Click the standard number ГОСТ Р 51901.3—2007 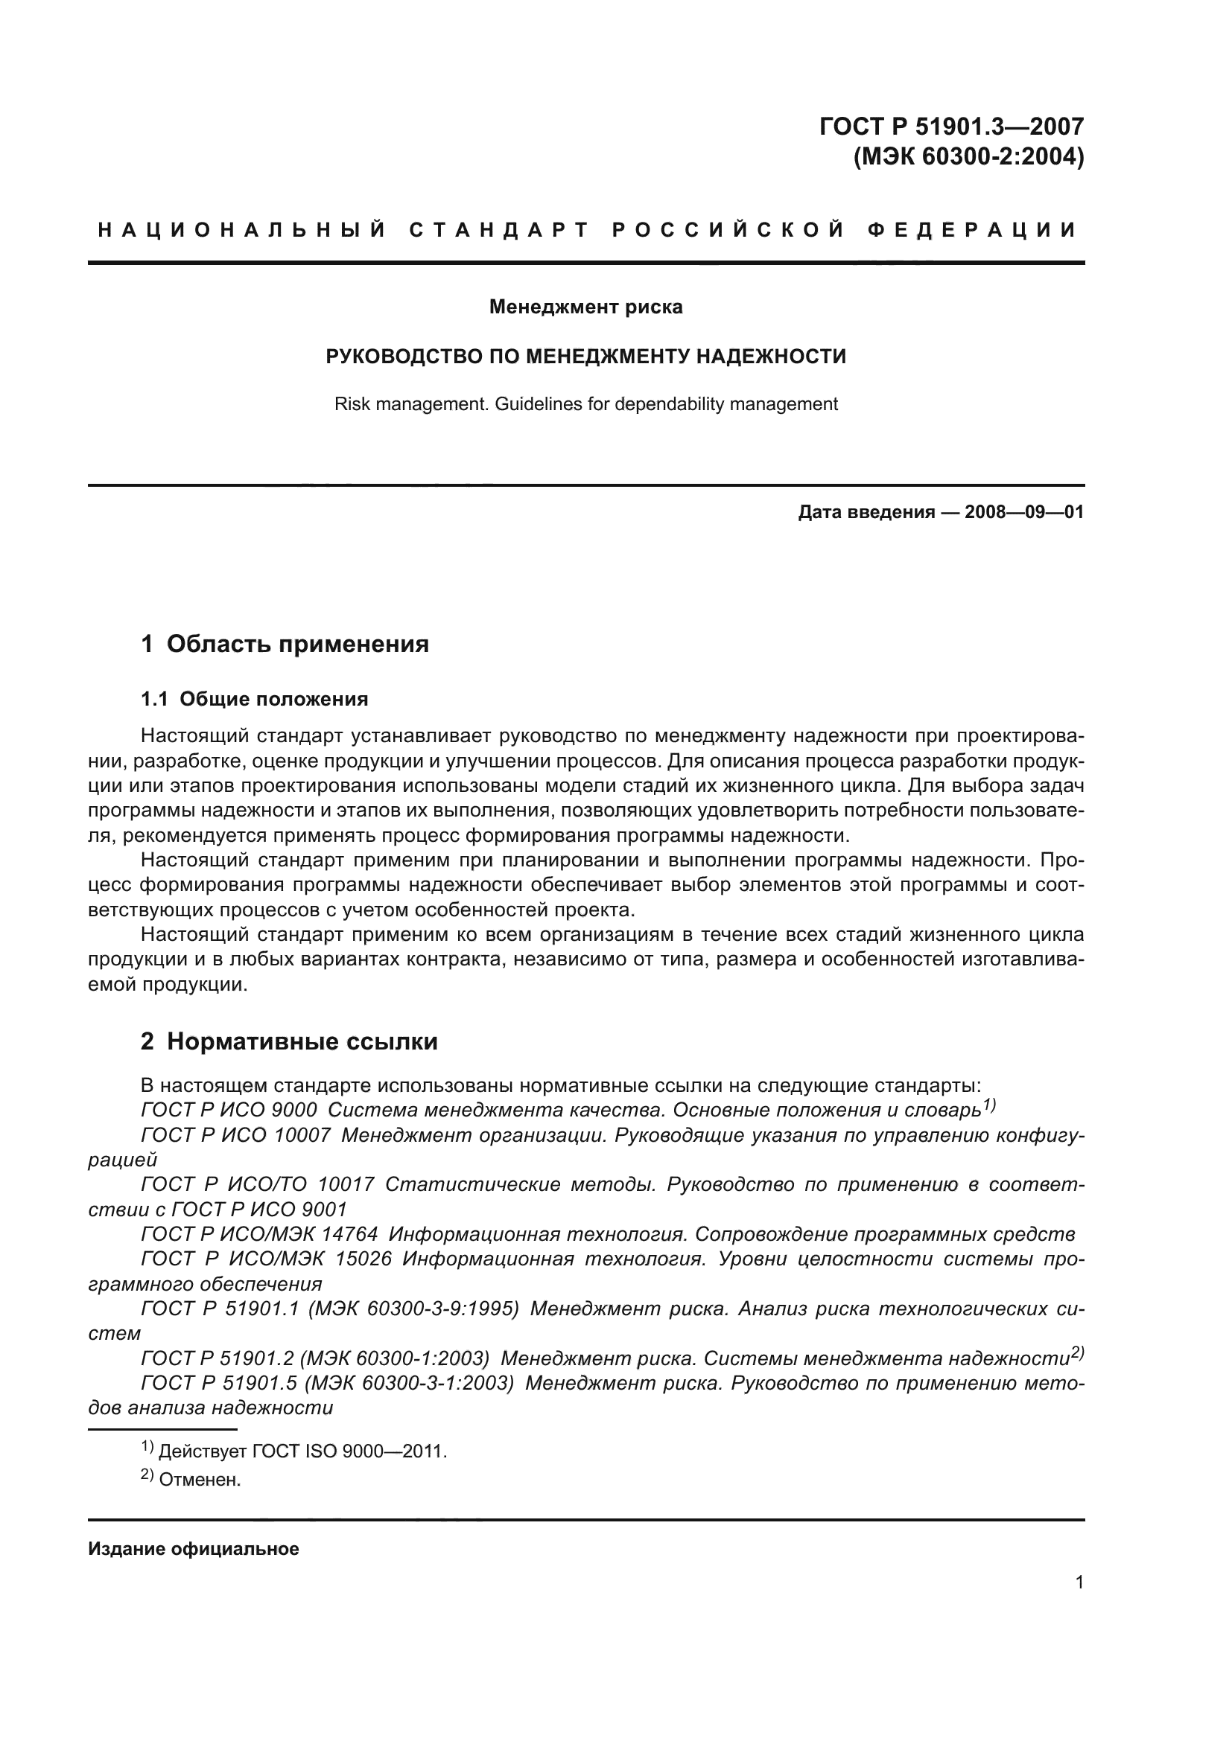tap(951, 126)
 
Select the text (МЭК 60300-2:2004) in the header tap(968, 157)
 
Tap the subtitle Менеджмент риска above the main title tap(585, 307)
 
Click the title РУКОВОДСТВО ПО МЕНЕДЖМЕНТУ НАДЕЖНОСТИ tap(585, 357)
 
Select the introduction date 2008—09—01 tap(1023, 513)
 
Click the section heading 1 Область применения tap(285, 645)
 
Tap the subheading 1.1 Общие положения tap(254, 699)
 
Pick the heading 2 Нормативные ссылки tap(289, 1042)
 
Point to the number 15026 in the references tap(363, 1259)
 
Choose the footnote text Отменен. tap(200, 1480)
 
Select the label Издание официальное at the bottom tap(194, 1549)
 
